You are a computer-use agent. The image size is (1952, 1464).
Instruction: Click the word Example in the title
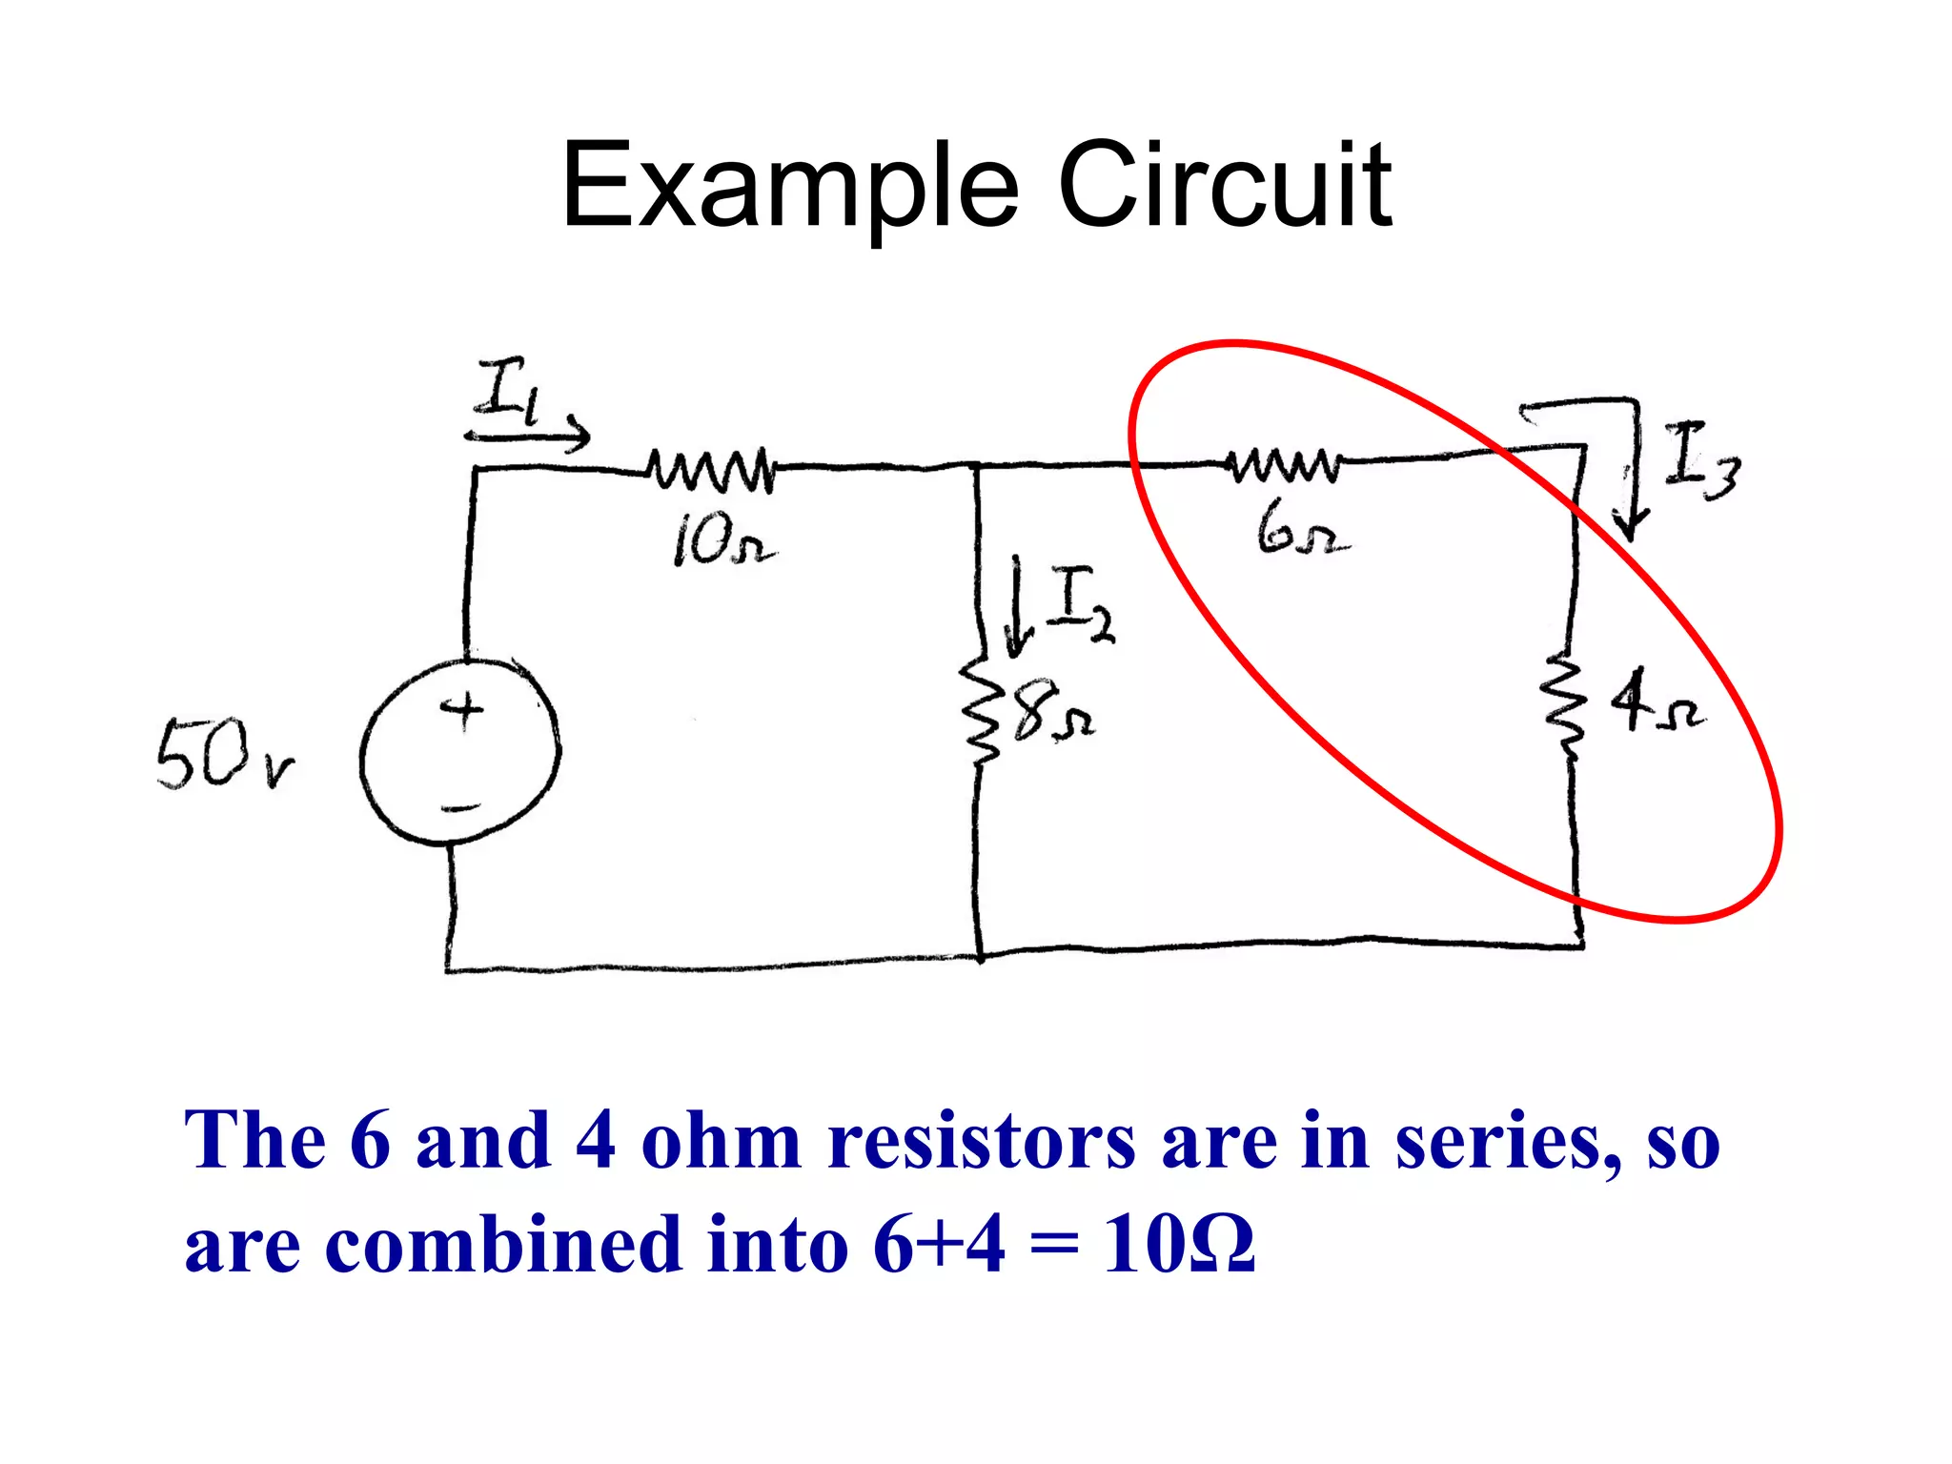(x=790, y=187)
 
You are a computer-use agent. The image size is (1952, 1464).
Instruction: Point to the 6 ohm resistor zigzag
(x=1285, y=464)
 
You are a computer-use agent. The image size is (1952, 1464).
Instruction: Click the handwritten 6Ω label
(x=1301, y=530)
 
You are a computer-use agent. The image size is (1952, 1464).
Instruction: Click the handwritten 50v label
(x=225, y=755)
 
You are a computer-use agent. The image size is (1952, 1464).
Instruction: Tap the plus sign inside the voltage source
(x=462, y=710)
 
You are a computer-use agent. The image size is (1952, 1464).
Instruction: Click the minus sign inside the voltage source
(x=460, y=809)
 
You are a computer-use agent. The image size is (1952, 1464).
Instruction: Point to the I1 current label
(x=510, y=390)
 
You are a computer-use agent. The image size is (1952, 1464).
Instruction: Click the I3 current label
(x=1700, y=461)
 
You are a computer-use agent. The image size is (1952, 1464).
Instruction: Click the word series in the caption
(x=1507, y=1141)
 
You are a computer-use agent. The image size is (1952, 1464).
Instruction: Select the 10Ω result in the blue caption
(x=1178, y=1245)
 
